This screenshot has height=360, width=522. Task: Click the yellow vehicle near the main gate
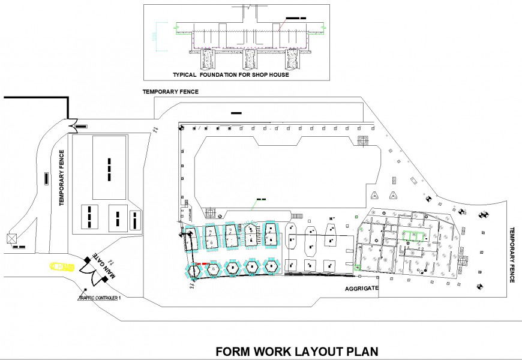[59, 266]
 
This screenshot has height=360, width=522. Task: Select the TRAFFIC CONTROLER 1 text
[100, 298]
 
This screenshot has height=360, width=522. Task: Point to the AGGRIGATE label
[362, 289]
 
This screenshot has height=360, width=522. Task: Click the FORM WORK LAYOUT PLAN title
[297, 352]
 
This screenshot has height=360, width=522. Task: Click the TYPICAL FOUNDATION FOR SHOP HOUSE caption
[231, 75]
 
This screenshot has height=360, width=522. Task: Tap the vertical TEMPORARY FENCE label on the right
[512, 255]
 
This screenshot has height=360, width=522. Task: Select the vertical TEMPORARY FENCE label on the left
[61, 178]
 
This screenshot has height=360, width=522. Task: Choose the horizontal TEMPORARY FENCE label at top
[170, 92]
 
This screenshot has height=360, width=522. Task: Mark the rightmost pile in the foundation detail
[292, 59]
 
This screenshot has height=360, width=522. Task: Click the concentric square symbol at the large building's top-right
[363, 140]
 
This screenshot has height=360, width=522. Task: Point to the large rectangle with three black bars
[109, 167]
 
